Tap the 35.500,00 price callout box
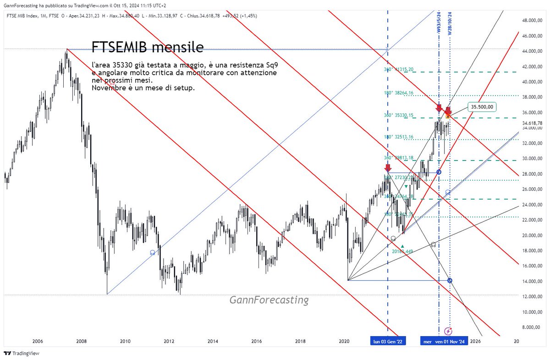(483, 106)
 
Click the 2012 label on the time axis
(169, 341)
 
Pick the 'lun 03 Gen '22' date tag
(388, 341)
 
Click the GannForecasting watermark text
(269, 300)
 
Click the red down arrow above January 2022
(388, 168)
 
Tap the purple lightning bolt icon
(448, 331)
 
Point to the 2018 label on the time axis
(300, 341)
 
